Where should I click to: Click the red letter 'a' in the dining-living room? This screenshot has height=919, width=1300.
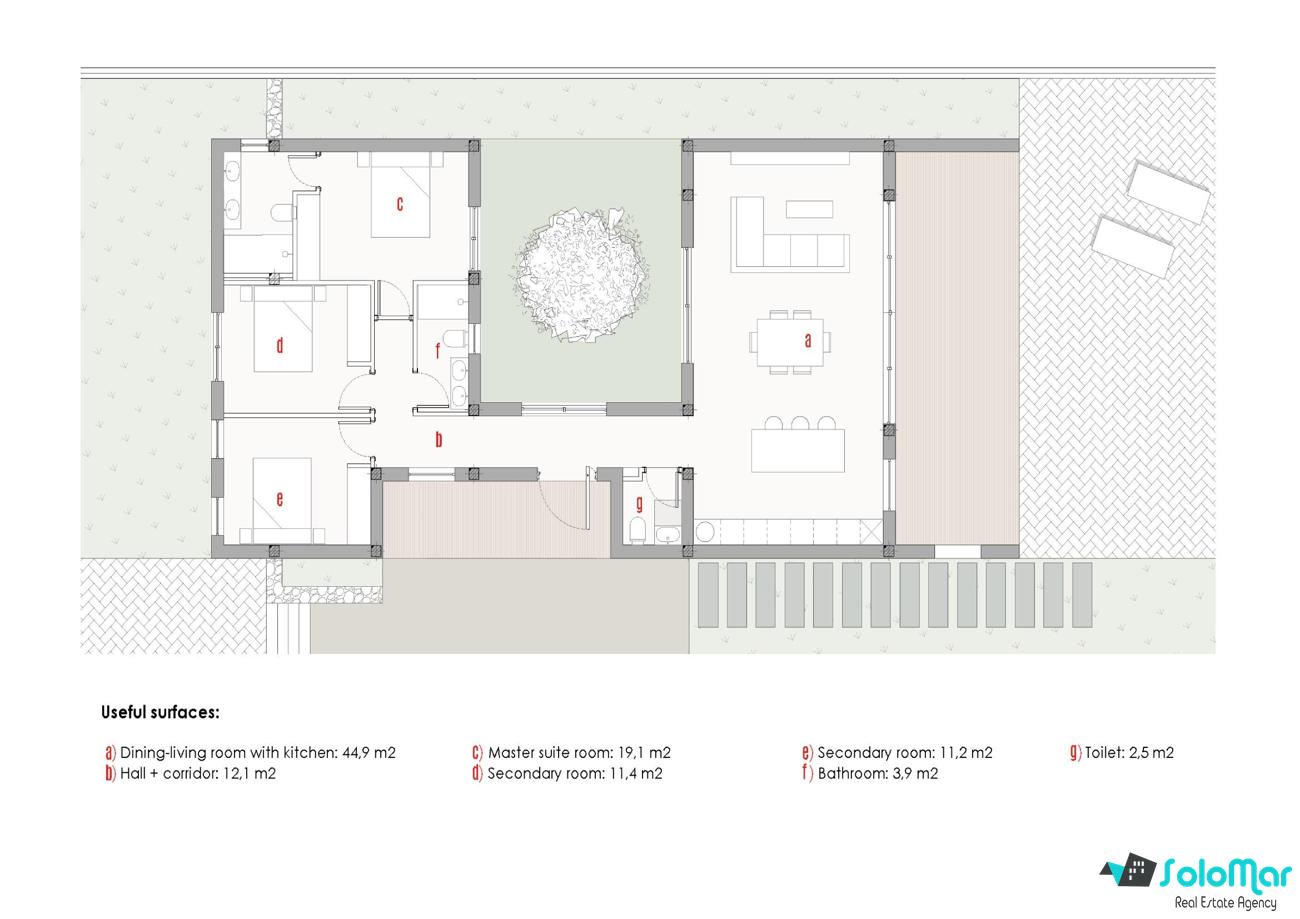point(808,341)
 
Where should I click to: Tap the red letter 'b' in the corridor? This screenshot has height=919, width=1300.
point(439,440)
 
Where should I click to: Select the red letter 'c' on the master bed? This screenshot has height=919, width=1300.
point(400,204)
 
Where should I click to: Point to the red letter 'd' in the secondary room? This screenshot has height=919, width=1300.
point(280,346)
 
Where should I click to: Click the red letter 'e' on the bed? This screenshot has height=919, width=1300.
point(280,499)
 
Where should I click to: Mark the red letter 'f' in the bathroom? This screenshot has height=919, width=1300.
point(438,350)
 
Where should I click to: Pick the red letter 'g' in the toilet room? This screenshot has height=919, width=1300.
point(640,504)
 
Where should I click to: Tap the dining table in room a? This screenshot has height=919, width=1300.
point(790,342)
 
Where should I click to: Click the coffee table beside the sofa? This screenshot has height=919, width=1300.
point(810,209)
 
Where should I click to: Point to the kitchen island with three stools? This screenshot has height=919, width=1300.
point(798,444)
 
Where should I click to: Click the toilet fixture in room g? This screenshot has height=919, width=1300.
point(637,530)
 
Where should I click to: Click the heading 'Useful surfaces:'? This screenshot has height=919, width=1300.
point(160,712)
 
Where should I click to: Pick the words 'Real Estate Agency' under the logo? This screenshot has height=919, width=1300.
point(1226,903)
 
